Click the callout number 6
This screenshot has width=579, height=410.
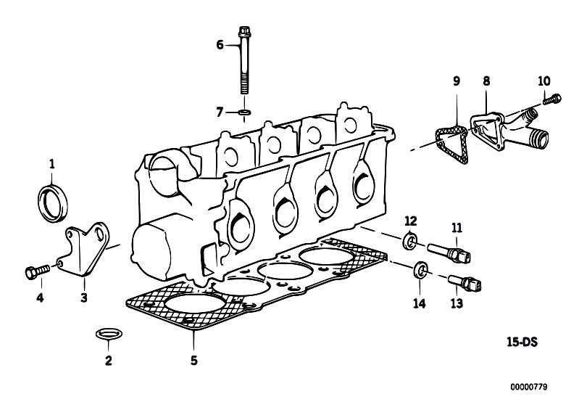tap(220, 45)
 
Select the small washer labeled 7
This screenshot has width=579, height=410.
tap(243, 111)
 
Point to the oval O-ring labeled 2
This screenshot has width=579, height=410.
tap(109, 334)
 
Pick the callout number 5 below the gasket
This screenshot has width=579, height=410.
tap(194, 360)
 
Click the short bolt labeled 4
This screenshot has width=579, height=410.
tap(37, 272)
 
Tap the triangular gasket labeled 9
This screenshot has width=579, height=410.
tap(451, 144)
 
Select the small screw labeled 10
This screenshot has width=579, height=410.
tap(552, 99)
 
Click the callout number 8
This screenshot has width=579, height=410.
tap(487, 81)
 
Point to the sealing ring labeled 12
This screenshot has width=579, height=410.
tap(409, 241)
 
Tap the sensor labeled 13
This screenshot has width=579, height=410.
tap(465, 283)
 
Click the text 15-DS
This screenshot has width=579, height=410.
tap(522, 343)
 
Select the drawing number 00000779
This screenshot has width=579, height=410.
tap(529, 387)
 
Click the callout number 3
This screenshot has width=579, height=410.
tap(84, 298)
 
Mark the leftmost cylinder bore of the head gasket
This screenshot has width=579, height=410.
tap(195, 304)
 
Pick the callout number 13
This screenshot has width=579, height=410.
tap(457, 303)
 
